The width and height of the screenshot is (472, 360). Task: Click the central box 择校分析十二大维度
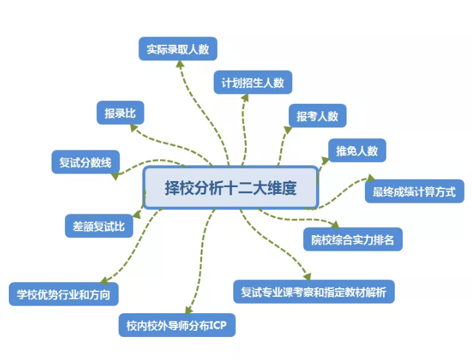[231, 187]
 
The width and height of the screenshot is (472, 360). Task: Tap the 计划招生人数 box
[252, 83]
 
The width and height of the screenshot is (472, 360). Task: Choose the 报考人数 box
[317, 116]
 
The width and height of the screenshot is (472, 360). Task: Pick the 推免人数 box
[357, 151]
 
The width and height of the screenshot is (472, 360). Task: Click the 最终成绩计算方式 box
[414, 191]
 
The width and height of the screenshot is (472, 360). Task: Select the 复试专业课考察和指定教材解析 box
[313, 292]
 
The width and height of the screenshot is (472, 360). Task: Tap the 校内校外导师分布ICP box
[176, 325]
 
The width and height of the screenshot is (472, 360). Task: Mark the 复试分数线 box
[85, 163]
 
